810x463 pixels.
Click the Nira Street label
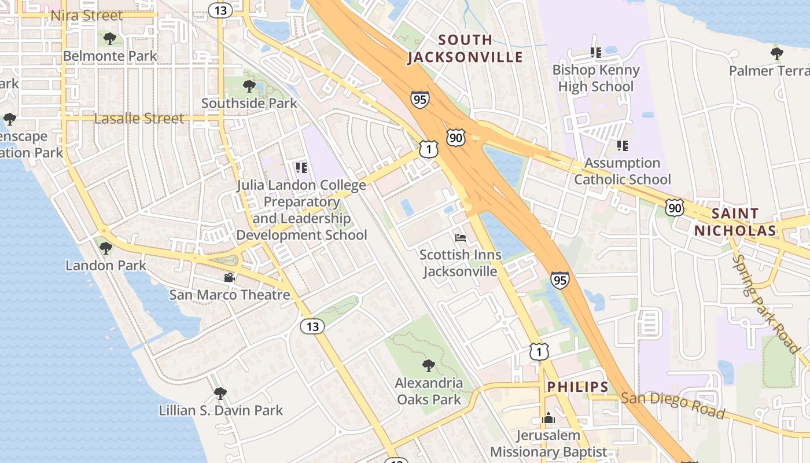tap(87, 15)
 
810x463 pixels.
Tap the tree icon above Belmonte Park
tap(110, 39)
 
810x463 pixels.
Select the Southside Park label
tap(249, 103)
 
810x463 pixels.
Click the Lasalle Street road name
tap(139, 119)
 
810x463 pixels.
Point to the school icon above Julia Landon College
tap(301, 168)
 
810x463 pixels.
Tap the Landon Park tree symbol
tap(105, 248)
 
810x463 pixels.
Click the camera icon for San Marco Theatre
tap(229, 277)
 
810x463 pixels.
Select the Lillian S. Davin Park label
tap(220, 410)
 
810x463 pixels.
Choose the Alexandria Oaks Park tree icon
tap(429, 365)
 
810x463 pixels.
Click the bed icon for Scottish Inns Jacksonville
tap(461, 237)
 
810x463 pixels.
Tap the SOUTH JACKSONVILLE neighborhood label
tap(465, 49)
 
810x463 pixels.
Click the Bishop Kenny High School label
tap(596, 78)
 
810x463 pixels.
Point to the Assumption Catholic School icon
tap(623, 145)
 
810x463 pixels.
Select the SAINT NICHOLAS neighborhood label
tap(735, 222)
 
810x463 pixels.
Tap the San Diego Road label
tap(672, 405)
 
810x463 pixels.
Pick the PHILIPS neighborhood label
tap(577, 387)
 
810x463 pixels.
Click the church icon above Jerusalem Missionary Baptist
tap(548, 418)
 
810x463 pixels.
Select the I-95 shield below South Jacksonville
tap(421, 100)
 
